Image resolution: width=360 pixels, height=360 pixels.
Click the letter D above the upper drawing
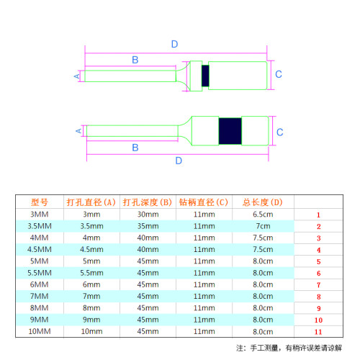tap(174, 44)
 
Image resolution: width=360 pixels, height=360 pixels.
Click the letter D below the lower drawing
tap(179, 161)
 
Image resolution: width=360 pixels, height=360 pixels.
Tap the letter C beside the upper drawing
tap(279, 74)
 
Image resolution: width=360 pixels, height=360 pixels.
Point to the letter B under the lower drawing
tap(135, 148)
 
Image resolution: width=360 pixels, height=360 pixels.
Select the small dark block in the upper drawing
tap(205, 76)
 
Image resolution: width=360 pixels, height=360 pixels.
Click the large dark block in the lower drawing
tap(230, 131)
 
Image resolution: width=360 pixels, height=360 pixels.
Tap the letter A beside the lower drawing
tap(78, 131)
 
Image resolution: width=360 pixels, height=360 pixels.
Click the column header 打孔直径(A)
tap(91, 202)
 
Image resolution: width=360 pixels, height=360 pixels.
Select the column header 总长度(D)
tap(263, 202)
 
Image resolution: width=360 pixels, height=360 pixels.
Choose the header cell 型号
tap(40, 202)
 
